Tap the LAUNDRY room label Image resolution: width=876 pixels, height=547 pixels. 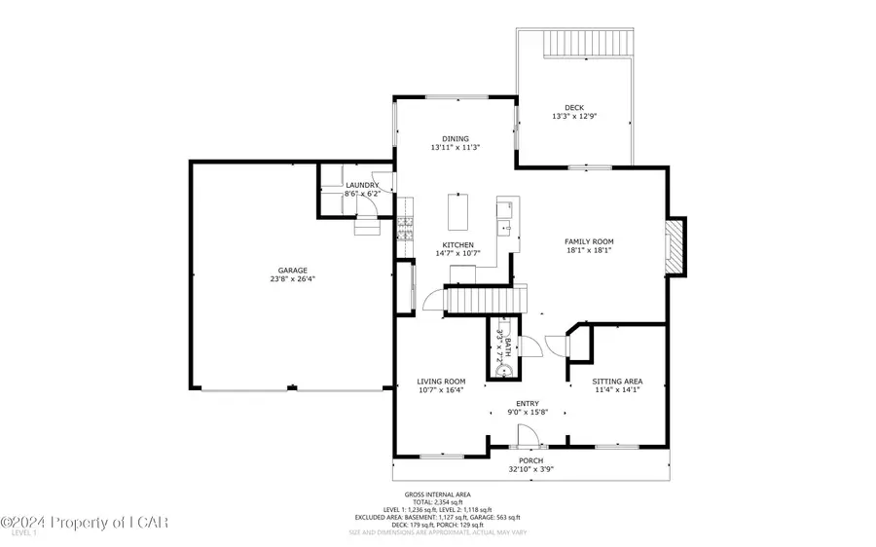pos(362,185)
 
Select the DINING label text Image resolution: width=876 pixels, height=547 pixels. pos(456,138)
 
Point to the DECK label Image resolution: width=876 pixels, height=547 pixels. pos(574,107)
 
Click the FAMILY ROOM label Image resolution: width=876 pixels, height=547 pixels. pos(589,241)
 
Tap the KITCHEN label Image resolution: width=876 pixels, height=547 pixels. pos(458,244)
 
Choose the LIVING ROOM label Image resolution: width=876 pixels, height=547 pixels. pos(441,381)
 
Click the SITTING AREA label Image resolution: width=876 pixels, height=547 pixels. pos(618,381)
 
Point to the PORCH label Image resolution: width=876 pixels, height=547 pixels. pos(530,460)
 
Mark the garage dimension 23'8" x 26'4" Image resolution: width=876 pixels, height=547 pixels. pos(292,279)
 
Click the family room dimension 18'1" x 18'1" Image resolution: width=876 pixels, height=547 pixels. pos(589,250)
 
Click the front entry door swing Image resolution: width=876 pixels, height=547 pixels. pos(526,436)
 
